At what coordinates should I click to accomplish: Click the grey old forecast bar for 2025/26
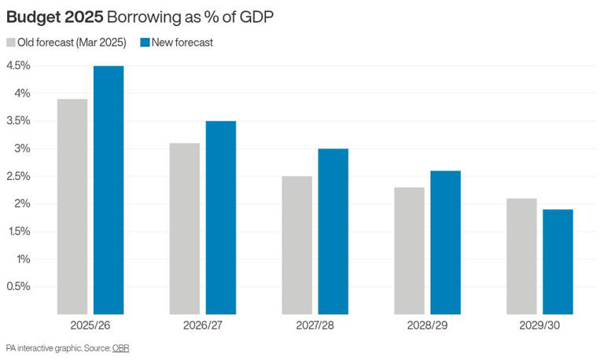coord(72,207)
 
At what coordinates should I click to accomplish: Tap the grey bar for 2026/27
coord(185,229)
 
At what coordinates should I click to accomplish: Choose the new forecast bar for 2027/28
coord(333,232)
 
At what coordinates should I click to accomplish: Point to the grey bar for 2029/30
coord(521,256)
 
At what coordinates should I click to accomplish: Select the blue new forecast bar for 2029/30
coord(558,262)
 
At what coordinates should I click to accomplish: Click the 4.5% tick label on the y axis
coord(18,66)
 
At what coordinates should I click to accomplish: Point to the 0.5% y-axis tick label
coord(18,286)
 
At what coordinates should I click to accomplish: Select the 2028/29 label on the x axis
coord(427,325)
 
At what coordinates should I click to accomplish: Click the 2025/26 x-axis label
coord(90,325)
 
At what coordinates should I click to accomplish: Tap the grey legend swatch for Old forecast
coord(11,42)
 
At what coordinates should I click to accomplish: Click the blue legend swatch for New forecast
coord(144,42)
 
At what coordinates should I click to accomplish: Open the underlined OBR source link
coord(120,347)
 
